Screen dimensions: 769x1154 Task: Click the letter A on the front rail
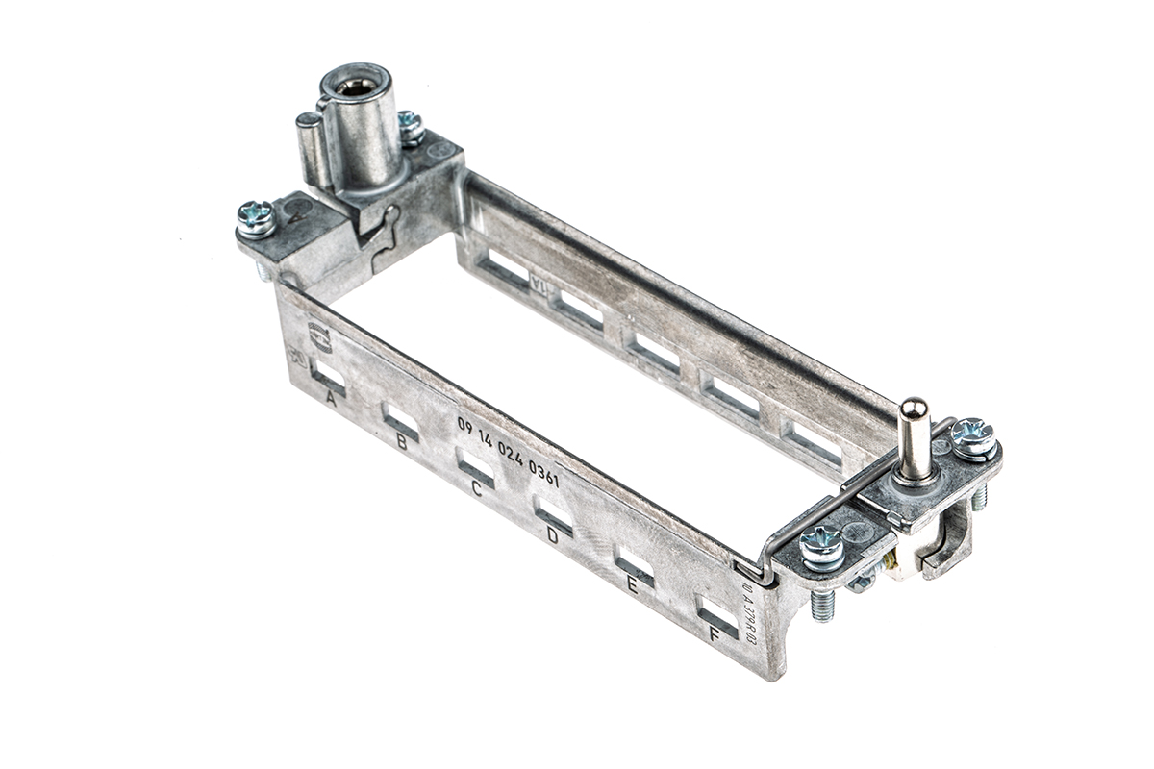pyautogui.click(x=332, y=396)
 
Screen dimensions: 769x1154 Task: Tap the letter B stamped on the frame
pyautogui.click(x=401, y=443)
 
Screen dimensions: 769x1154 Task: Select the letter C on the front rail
pyautogui.click(x=476, y=488)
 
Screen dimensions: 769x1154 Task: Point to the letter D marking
pyautogui.click(x=552, y=535)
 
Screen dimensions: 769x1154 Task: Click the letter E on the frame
pyautogui.click(x=631, y=585)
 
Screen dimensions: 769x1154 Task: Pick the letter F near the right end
pyautogui.click(x=713, y=634)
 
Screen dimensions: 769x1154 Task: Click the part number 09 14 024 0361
pyautogui.click(x=508, y=453)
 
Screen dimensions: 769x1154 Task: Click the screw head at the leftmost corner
pyautogui.click(x=256, y=217)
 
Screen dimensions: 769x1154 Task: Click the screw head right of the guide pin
pyautogui.click(x=974, y=436)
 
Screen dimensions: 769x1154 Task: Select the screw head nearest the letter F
pyautogui.click(x=822, y=548)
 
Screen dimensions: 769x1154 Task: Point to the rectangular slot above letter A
pyautogui.click(x=328, y=374)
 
